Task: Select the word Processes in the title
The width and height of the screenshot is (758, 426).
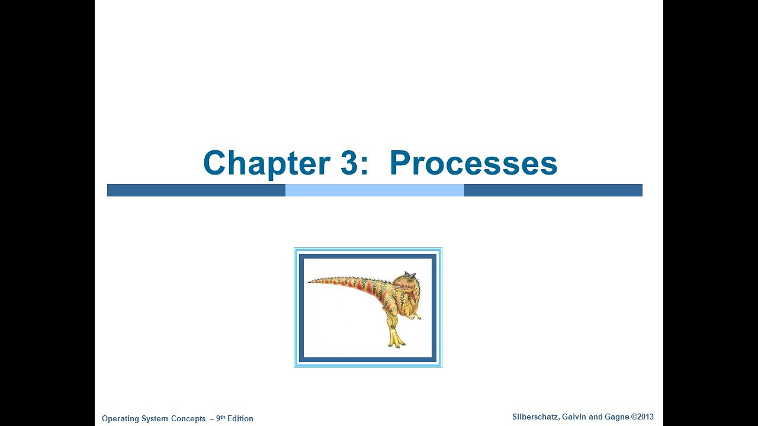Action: pos(473,163)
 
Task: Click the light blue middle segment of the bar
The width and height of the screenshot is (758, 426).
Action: pos(374,190)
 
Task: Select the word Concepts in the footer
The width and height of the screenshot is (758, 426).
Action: pos(188,419)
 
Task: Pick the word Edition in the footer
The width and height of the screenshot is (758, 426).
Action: pos(240,419)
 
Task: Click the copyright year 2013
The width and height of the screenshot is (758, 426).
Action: pos(645,417)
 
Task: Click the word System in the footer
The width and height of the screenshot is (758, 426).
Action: pos(155,419)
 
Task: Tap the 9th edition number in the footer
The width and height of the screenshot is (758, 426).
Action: pos(220,418)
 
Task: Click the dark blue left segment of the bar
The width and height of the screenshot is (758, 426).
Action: pos(196,190)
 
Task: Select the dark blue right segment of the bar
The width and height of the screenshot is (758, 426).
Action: pos(553,190)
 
